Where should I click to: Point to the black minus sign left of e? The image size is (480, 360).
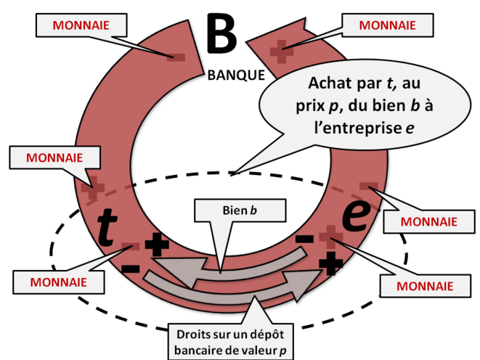tap(306, 238)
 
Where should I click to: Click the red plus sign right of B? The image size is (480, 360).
tap(280, 50)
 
